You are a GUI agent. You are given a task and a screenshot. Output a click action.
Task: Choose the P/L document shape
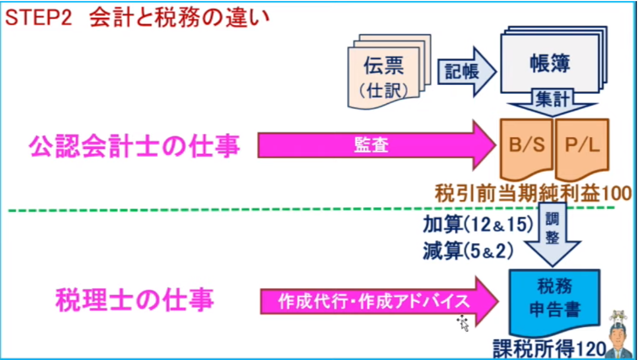tap(584, 147)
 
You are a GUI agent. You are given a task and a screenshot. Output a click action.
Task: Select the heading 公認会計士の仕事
tap(134, 146)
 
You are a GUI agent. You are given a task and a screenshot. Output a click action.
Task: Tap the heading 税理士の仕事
tap(134, 300)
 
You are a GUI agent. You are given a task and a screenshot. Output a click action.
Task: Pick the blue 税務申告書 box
tap(554, 301)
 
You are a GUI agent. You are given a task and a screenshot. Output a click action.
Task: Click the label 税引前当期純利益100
tap(533, 193)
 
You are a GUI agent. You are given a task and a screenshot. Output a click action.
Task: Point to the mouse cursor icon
tap(463, 322)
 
